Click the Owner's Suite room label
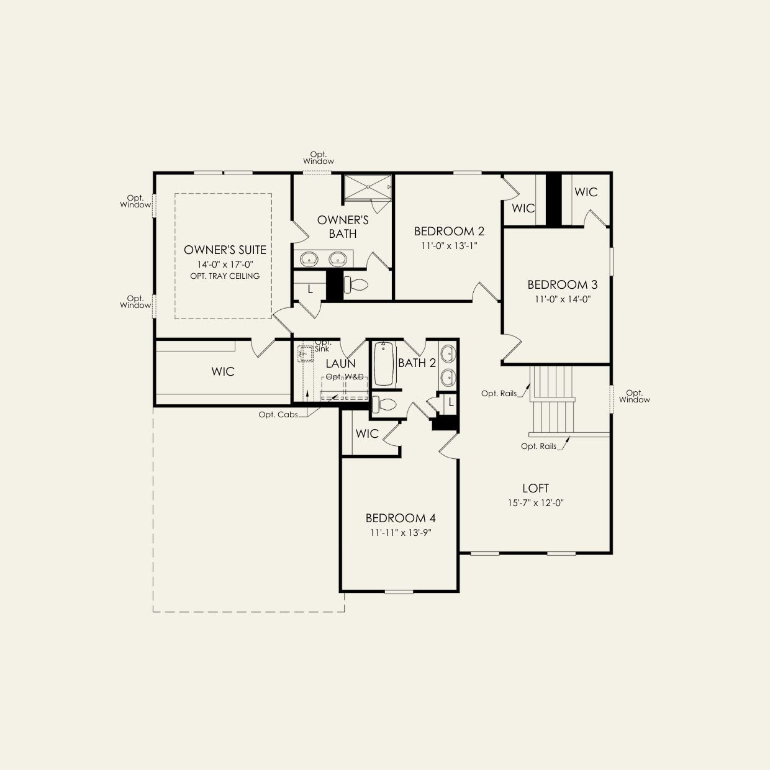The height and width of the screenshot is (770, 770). point(225,250)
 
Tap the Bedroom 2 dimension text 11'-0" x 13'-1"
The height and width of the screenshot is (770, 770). point(449,246)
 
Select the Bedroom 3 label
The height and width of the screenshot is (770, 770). point(562,284)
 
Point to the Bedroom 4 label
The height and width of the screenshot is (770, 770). point(401,519)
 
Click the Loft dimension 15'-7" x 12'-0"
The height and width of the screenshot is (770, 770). point(535,503)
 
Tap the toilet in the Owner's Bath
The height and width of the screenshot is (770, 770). point(356,285)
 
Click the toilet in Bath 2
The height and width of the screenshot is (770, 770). point(384,404)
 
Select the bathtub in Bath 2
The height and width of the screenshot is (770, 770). point(384,364)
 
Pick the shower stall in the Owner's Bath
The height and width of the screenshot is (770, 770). point(368,187)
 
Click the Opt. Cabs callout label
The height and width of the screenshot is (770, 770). point(278,415)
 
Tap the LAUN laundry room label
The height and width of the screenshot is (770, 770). point(340,364)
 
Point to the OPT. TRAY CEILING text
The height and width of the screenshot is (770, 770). point(225,276)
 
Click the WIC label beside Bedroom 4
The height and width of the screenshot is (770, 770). point(367,433)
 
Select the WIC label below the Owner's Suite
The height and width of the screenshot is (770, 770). point(223,371)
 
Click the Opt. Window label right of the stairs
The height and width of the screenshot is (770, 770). point(635,396)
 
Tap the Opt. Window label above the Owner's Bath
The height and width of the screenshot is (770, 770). point(319,158)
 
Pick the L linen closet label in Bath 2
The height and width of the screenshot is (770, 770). point(451,403)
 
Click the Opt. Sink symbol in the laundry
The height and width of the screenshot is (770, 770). point(306,354)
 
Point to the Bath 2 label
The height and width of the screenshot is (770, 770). point(417,363)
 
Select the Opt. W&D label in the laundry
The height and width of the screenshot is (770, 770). point(345,377)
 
